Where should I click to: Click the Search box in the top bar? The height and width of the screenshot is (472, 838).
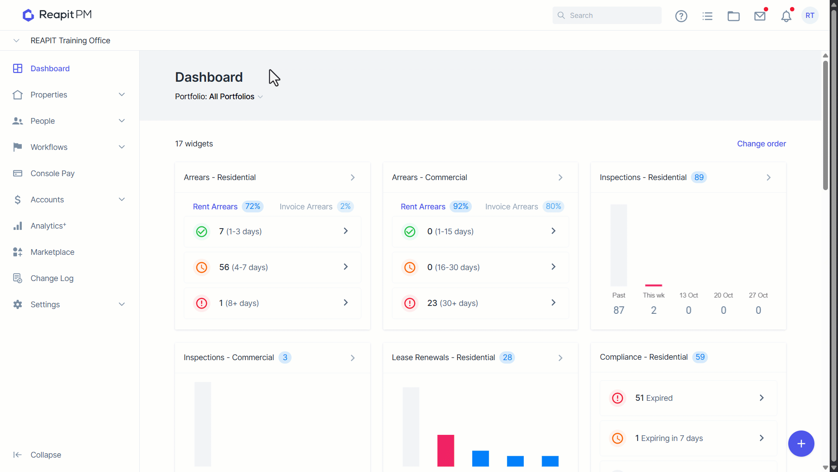point(607,15)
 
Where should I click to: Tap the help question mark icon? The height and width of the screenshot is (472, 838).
point(681,16)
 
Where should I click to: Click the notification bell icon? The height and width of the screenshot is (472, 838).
point(786,16)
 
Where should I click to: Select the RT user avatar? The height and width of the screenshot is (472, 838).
point(810,15)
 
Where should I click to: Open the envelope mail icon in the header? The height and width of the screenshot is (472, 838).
point(760,16)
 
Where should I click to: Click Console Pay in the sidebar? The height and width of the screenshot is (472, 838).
point(52,174)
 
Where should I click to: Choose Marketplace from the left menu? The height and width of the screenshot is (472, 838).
point(52,252)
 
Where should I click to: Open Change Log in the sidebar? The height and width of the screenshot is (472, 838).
point(52,278)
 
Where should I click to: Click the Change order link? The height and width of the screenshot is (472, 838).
point(762,144)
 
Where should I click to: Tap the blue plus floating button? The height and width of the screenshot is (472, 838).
point(801,444)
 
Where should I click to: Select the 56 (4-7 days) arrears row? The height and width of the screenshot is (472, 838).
point(272,267)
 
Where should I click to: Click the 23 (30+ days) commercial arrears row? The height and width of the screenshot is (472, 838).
point(480,303)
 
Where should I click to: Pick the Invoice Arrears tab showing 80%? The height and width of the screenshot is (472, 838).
point(524,206)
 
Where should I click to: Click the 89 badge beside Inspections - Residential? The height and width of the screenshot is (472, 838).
point(699,177)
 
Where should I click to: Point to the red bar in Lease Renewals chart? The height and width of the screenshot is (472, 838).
point(446,451)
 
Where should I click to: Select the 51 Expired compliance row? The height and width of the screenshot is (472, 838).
point(688,398)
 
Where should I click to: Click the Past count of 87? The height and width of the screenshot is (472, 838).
point(618,310)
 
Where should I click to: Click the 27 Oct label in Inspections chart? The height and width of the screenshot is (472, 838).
point(758,295)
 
